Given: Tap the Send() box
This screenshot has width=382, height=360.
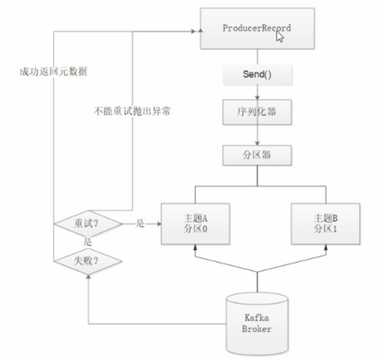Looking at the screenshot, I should (256, 74).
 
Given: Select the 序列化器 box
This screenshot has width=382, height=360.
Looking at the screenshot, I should (256, 113).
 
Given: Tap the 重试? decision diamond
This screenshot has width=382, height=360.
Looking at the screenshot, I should (87, 223).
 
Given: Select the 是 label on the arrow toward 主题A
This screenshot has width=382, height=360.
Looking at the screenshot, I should (140, 224).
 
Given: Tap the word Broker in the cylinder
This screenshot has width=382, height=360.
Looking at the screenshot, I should (257, 329).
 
